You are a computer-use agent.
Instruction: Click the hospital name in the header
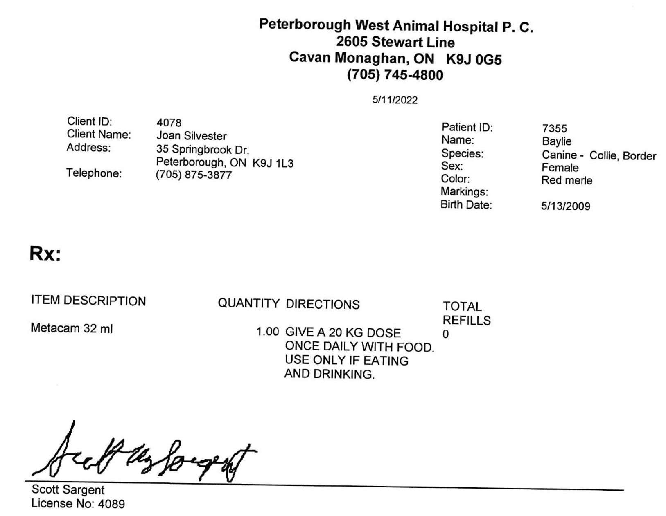tap(396, 26)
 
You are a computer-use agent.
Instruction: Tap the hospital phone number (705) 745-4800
tap(395, 75)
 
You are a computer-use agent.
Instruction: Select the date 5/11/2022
tap(395, 100)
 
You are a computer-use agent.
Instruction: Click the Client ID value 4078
tap(169, 123)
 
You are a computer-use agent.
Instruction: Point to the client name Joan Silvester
tap(191, 136)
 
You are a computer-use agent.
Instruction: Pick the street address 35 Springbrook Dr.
tap(202, 149)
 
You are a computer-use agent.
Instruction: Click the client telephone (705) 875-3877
tap(194, 175)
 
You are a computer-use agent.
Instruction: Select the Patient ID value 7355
tap(554, 128)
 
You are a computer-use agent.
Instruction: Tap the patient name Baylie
tap(556, 141)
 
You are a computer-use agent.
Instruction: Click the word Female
tap(560, 168)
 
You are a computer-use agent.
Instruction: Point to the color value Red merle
tap(567, 180)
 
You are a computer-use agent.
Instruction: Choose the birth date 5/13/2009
tap(565, 206)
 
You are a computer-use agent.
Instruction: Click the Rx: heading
tap(45, 254)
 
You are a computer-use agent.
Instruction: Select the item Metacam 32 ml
tap(72, 328)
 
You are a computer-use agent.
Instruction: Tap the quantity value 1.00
tap(267, 332)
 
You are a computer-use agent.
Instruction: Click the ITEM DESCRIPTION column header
tap(88, 301)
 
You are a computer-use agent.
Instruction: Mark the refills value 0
tap(445, 334)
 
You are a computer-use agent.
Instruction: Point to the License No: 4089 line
tap(78, 503)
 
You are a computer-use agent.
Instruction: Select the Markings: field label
tap(464, 191)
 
